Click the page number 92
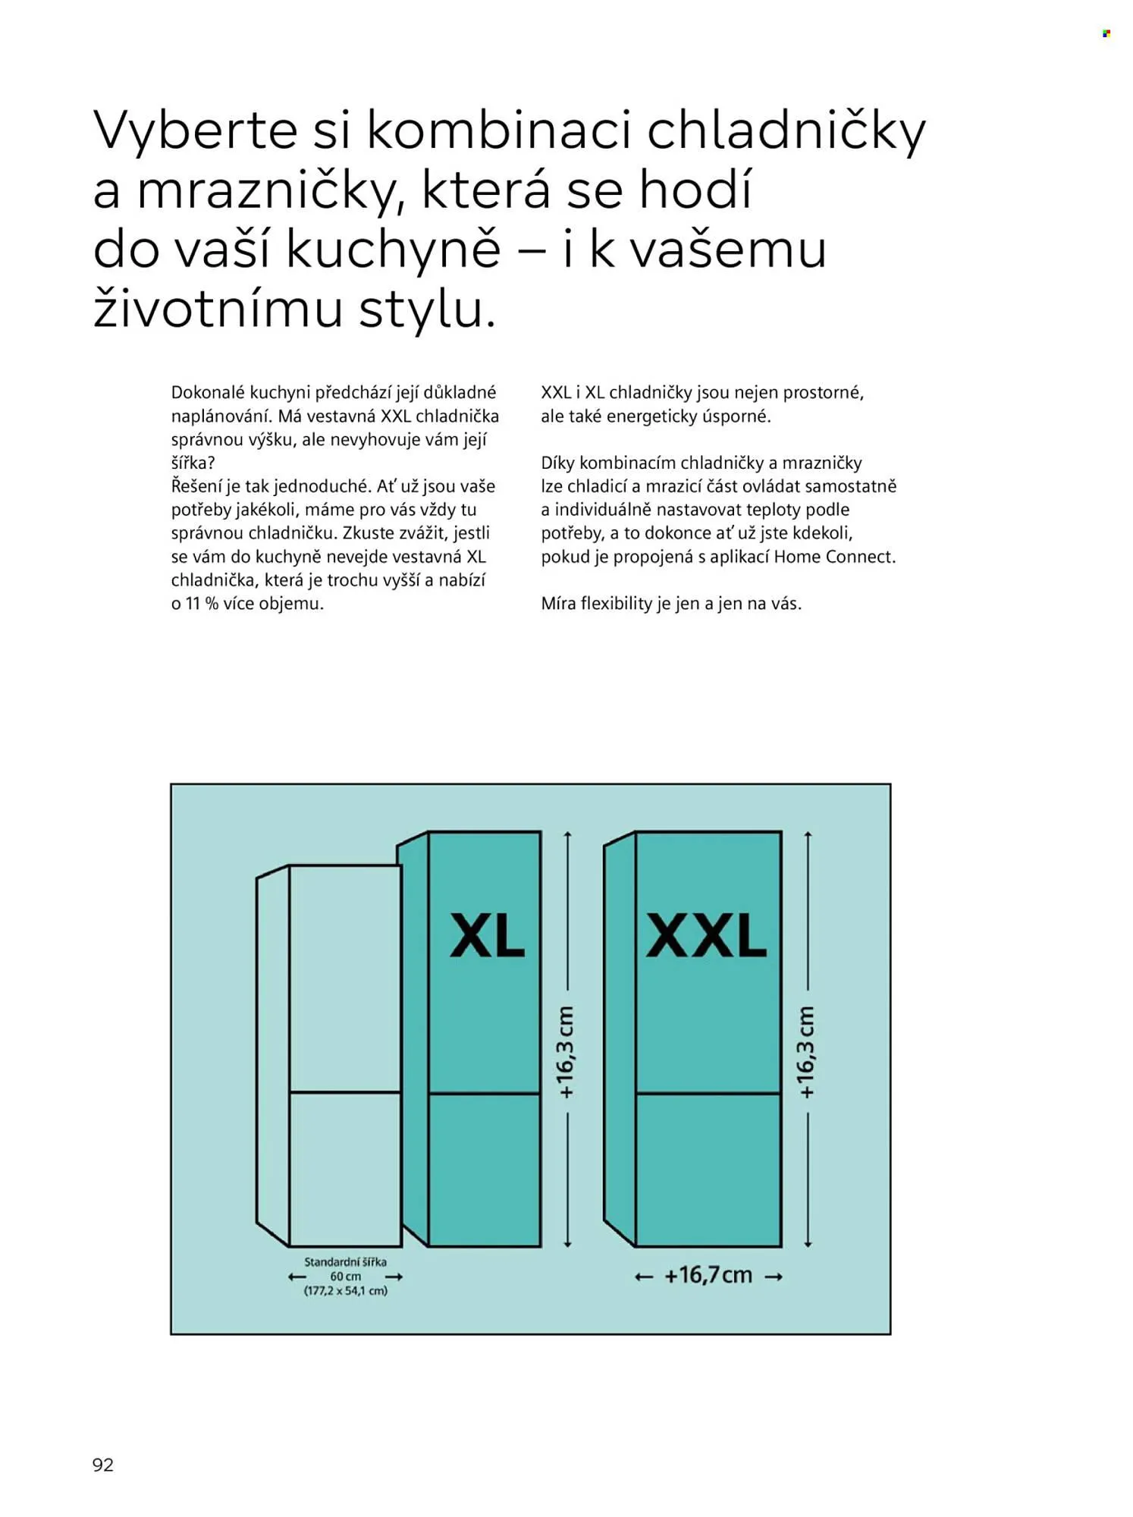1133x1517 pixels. [x=103, y=1465]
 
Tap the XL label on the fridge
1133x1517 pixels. [x=487, y=935]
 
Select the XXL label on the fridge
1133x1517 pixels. [x=706, y=935]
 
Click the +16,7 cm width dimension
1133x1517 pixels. [x=708, y=1275]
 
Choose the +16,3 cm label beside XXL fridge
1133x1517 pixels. [x=807, y=1052]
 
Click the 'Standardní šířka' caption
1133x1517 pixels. [x=345, y=1262]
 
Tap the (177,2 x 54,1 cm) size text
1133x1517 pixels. [x=345, y=1291]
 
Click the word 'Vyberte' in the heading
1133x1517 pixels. [x=195, y=131]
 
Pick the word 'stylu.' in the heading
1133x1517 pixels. [x=427, y=310]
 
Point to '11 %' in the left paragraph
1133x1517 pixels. [x=202, y=604]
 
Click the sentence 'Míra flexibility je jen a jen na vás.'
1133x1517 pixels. [x=671, y=604]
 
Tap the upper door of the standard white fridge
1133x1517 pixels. [x=345, y=978]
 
